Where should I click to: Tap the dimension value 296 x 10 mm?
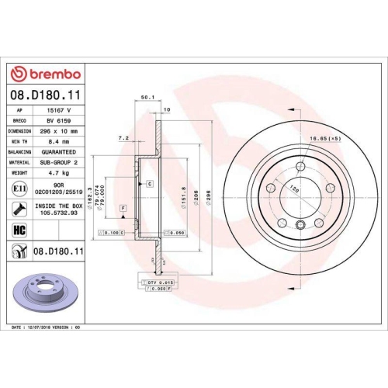click(x=53, y=132)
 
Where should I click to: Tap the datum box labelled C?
click(x=148, y=183)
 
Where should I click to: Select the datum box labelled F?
click(x=122, y=208)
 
